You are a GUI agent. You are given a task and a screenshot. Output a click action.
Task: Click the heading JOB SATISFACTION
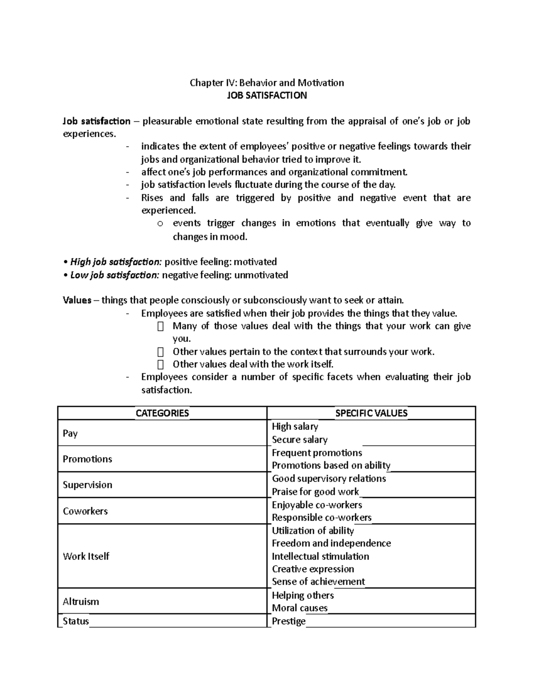pyautogui.click(x=267, y=95)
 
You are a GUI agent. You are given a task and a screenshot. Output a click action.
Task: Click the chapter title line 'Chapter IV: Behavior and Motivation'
pyautogui.click(x=267, y=83)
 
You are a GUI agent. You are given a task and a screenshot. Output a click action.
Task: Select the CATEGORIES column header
pyautogui.click(x=162, y=413)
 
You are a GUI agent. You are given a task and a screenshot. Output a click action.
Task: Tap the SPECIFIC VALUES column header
pyautogui.click(x=371, y=413)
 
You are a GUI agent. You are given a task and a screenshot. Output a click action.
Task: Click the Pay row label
pyautogui.click(x=70, y=433)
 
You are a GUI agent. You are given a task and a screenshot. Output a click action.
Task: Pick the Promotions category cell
pyautogui.click(x=87, y=459)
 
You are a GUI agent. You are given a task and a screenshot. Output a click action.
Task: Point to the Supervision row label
pyautogui.click(x=87, y=485)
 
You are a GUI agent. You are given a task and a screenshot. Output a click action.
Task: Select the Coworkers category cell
pyautogui.click(x=85, y=511)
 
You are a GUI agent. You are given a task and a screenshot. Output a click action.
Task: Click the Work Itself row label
pyautogui.click(x=86, y=556)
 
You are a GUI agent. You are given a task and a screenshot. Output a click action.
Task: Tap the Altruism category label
pyautogui.click(x=81, y=602)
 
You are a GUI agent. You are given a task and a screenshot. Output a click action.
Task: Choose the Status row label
pyautogui.click(x=76, y=621)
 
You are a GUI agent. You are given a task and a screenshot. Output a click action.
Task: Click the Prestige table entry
pyautogui.click(x=288, y=621)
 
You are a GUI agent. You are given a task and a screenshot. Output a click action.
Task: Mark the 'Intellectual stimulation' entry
pyautogui.click(x=320, y=556)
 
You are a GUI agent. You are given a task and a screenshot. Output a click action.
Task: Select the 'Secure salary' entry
pyautogui.click(x=299, y=440)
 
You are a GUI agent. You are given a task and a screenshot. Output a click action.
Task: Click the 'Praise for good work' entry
pyautogui.click(x=315, y=492)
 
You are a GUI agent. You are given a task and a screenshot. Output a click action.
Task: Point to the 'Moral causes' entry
pyautogui.click(x=299, y=608)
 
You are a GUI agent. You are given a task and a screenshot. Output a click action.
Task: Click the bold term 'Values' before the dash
pyautogui.click(x=77, y=300)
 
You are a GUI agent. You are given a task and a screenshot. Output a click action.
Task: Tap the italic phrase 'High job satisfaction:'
pyautogui.click(x=116, y=262)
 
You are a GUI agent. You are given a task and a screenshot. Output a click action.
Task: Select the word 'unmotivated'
pyautogui.click(x=261, y=275)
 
